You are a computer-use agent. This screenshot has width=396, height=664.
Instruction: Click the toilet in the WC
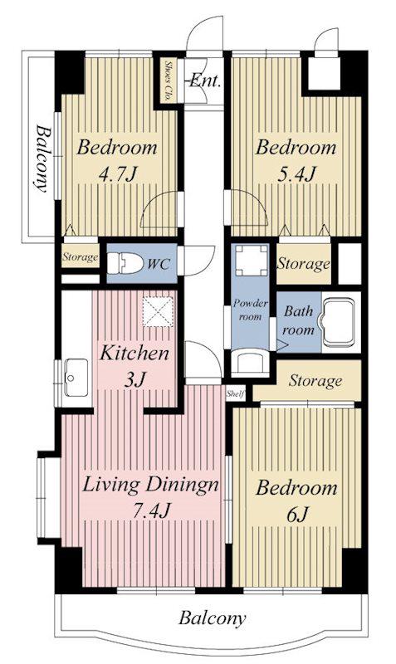click(x=125, y=263)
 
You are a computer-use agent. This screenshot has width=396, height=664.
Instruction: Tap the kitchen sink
click(x=76, y=378)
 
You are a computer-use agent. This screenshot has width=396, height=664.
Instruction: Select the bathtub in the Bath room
click(x=339, y=322)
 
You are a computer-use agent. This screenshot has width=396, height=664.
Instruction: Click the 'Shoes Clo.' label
click(x=168, y=81)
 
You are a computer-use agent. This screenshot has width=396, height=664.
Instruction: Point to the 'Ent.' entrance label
click(x=205, y=81)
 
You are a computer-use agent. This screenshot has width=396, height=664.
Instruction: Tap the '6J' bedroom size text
click(x=296, y=515)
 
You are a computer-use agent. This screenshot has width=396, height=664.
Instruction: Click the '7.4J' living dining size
click(x=150, y=510)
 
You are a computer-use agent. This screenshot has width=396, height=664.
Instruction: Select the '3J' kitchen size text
click(x=134, y=380)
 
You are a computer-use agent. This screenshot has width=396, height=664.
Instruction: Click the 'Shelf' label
click(x=236, y=394)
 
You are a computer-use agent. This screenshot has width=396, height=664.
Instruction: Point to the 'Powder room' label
click(x=251, y=310)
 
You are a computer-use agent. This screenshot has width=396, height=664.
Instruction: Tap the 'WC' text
click(x=159, y=264)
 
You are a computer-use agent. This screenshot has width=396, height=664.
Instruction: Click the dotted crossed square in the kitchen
click(x=158, y=312)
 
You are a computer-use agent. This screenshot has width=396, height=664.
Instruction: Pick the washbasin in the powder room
click(x=251, y=362)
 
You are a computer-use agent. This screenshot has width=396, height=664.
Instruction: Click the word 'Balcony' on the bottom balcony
click(x=212, y=618)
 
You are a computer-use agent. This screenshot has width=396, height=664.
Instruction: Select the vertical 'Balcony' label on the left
click(x=41, y=158)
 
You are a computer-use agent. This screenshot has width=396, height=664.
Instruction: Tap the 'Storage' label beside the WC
click(x=80, y=256)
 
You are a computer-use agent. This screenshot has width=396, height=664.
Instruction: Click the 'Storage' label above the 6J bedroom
click(x=315, y=381)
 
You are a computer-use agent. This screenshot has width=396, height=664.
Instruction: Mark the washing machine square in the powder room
click(x=252, y=260)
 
